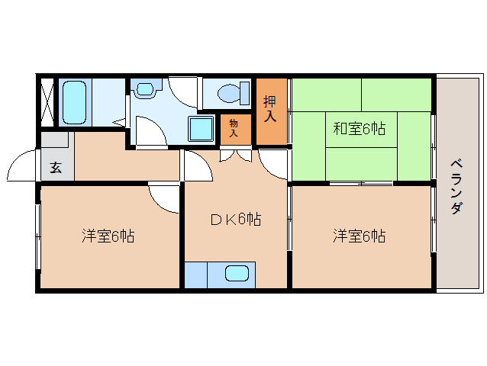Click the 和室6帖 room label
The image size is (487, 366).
pos(359,129)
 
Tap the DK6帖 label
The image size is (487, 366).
pos(236,220)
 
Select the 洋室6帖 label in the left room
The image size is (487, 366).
pos(108,236)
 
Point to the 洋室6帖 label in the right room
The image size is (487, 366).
pos(359,236)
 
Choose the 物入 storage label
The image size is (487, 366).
pos(234,127)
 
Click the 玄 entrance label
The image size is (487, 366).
pos(56,167)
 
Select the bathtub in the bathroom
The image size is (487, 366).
pos(74,102)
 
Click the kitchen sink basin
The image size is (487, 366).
pos(237,274)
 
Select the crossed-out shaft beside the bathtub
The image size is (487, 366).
pos(47,101)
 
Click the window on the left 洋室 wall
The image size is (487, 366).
pos(37,236)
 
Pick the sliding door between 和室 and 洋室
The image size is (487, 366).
pos(361,184)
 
